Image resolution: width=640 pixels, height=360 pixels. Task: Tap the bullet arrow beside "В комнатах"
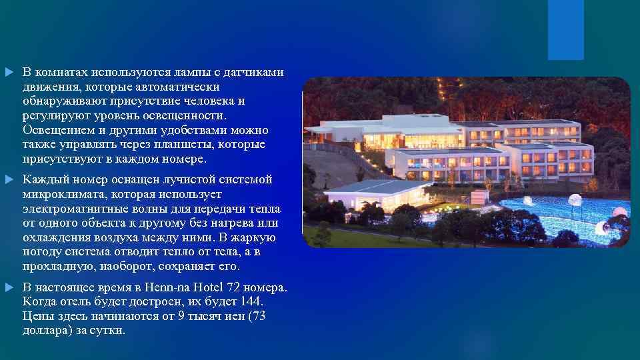[8, 72]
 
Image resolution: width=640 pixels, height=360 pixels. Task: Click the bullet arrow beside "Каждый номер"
[8, 180]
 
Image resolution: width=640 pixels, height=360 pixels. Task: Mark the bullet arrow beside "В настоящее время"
[8, 288]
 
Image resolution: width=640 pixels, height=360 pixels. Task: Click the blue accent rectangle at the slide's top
[565, 29]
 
